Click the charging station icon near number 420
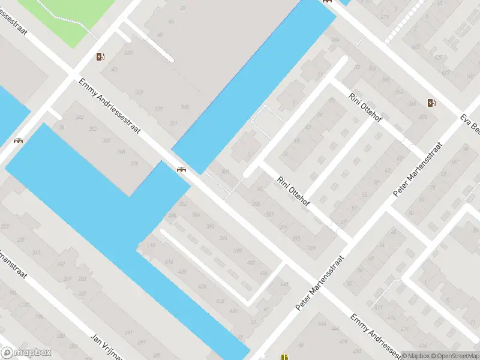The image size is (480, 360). coord(100,57)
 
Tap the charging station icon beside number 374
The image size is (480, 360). coord(431,103)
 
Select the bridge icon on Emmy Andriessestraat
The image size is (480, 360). coord(181,169)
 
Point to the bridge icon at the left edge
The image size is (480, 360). coord(19,141)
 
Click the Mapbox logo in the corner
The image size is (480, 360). coord(26,353)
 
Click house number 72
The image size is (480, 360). coord(182,8)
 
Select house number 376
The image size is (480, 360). coord(134,164)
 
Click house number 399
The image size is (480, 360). coord(311,248)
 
